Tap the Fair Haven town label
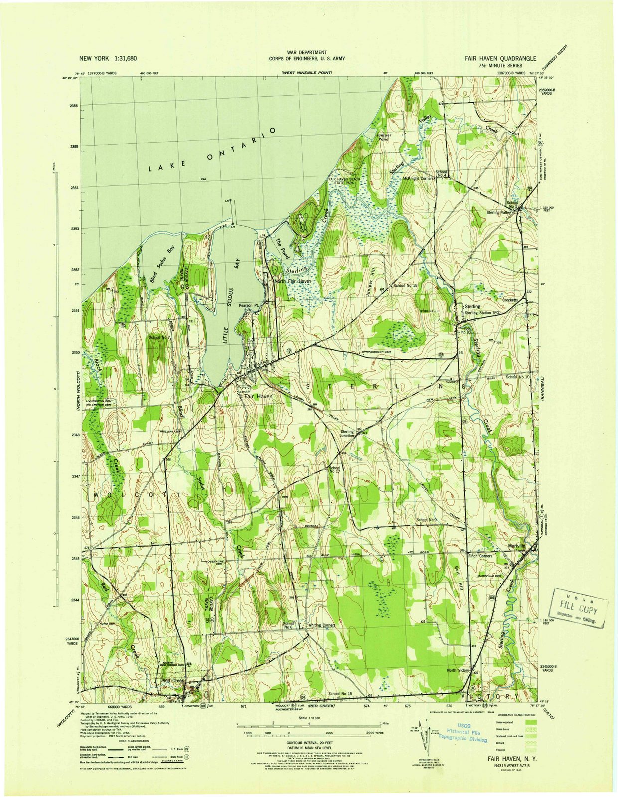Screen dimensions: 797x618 [258, 397]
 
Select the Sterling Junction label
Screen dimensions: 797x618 [347, 434]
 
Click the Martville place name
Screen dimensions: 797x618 [516, 546]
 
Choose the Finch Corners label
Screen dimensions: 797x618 [480, 556]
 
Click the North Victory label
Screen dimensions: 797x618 [458, 670]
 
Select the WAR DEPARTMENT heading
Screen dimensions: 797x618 [307, 52]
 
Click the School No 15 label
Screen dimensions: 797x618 [340, 694]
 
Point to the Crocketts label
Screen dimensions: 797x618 [510, 300]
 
